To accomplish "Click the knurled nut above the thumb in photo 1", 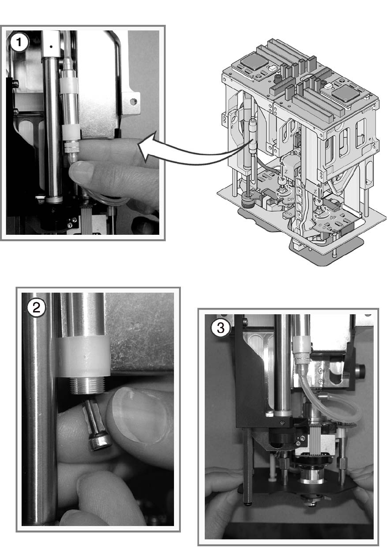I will click(x=71, y=148).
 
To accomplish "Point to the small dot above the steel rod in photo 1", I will click(x=52, y=46).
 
